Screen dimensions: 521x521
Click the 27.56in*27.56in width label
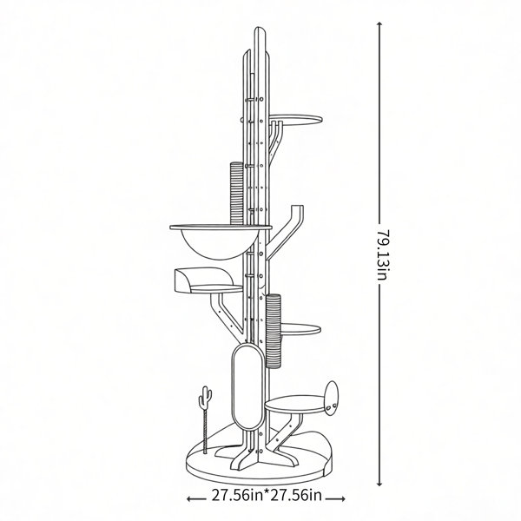[267, 496]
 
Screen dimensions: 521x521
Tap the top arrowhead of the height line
[379, 24]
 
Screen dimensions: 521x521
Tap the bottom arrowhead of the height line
[379, 484]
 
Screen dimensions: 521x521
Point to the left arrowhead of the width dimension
[189, 498]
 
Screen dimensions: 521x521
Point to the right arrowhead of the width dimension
[343, 498]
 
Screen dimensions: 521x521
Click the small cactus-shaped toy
[205, 399]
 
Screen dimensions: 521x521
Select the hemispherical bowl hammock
[219, 245]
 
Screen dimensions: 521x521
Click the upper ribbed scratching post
[237, 193]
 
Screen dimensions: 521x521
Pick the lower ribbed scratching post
[274, 331]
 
